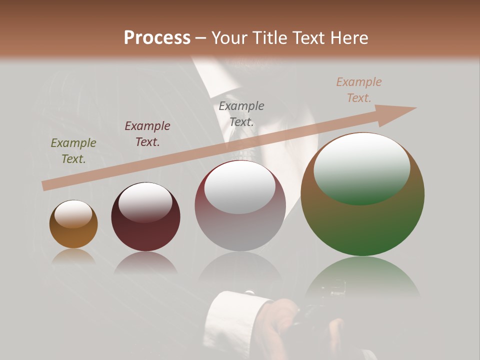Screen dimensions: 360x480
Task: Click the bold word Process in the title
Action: [x=157, y=38]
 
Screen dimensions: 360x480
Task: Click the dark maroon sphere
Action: [x=145, y=217]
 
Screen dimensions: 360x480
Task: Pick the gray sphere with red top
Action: [x=240, y=206]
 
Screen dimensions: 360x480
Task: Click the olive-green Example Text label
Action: [x=73, y=150]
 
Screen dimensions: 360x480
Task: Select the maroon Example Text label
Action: [x=147, y=133]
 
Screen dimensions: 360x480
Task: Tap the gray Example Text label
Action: [x=241, y=113]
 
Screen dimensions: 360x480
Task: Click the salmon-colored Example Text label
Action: [x=359, y=90]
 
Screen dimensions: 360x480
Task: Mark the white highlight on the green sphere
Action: [x=361, y=167]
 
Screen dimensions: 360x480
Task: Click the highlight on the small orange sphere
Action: [x=73, y=214]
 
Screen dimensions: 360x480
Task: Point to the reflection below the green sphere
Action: [x=362, y=280]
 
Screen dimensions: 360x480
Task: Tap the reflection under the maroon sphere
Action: [x=145, y=262]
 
